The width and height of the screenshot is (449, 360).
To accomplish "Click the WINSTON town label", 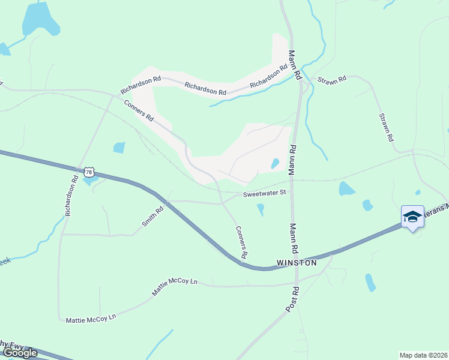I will (x=297, y=263).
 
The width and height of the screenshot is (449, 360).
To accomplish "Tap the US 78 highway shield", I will (x=89, y=172).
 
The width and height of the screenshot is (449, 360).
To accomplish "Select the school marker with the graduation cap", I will (x=412, y=217).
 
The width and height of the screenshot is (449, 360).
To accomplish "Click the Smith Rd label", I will (x=153, y=217).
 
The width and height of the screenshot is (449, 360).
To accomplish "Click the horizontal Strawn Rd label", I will (x=332, y=79).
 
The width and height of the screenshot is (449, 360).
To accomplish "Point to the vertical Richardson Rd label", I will (x=71, y=195).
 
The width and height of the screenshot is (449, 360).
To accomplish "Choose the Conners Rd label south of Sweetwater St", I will (x=242, y=242).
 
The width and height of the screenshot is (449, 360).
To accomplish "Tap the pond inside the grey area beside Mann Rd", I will (x=275, y=163).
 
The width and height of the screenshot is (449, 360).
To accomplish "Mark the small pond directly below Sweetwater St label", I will (x=261, y=209).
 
